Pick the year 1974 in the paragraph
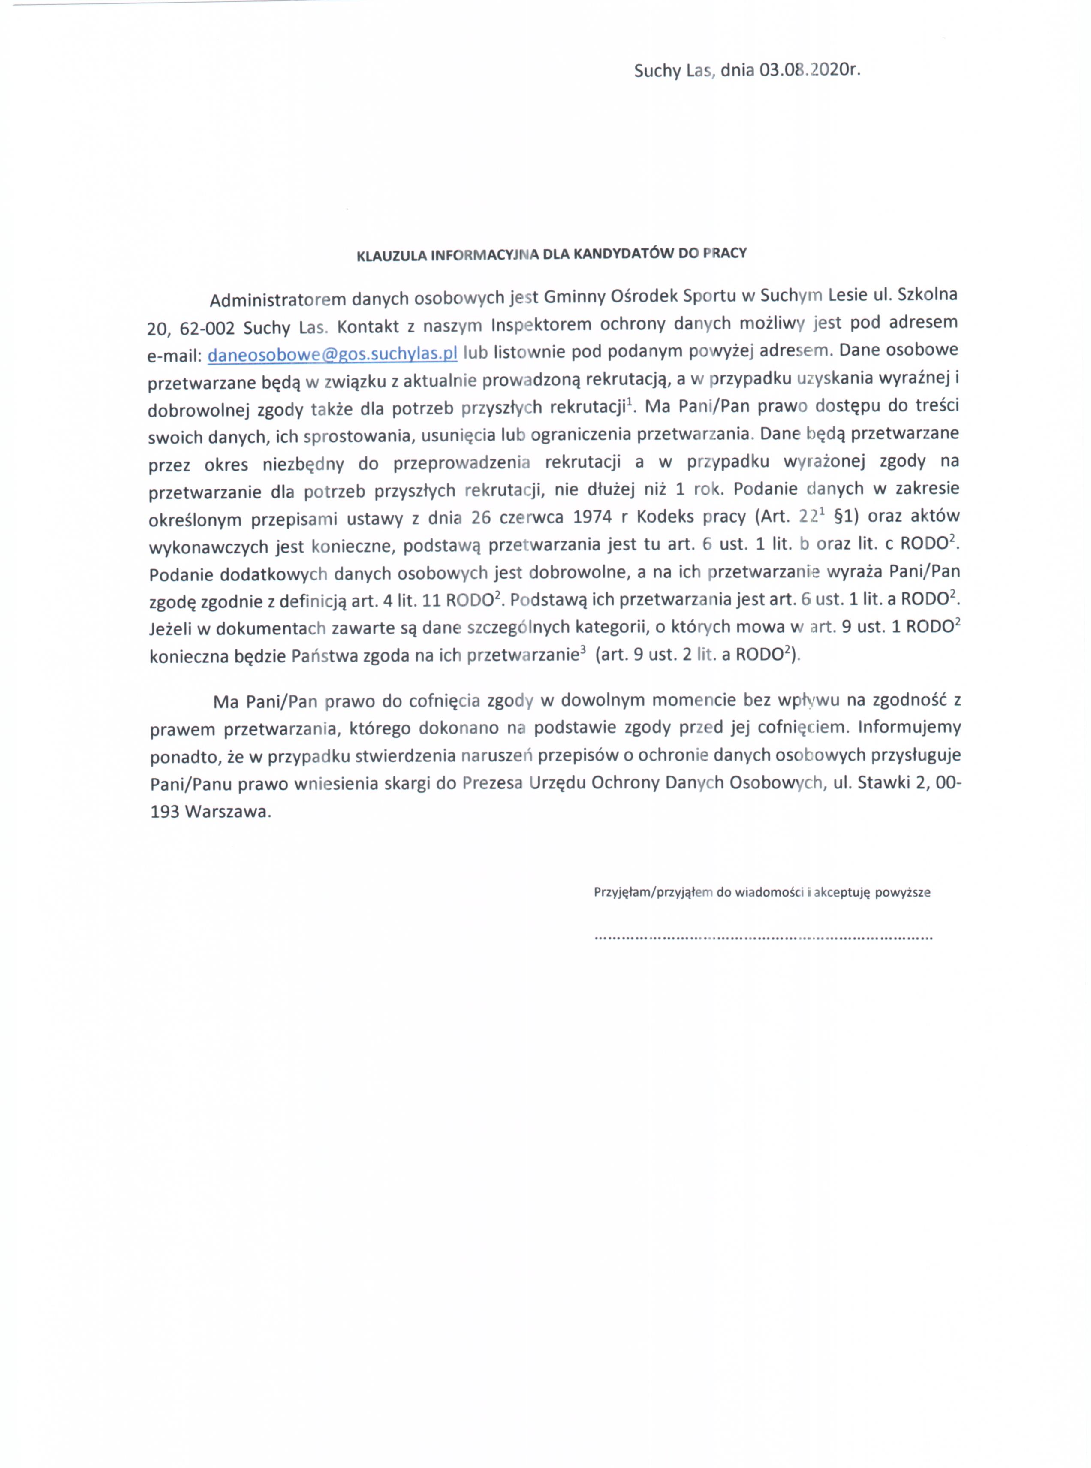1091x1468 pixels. click(592, 517)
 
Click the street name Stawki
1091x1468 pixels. click(882, 783)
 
